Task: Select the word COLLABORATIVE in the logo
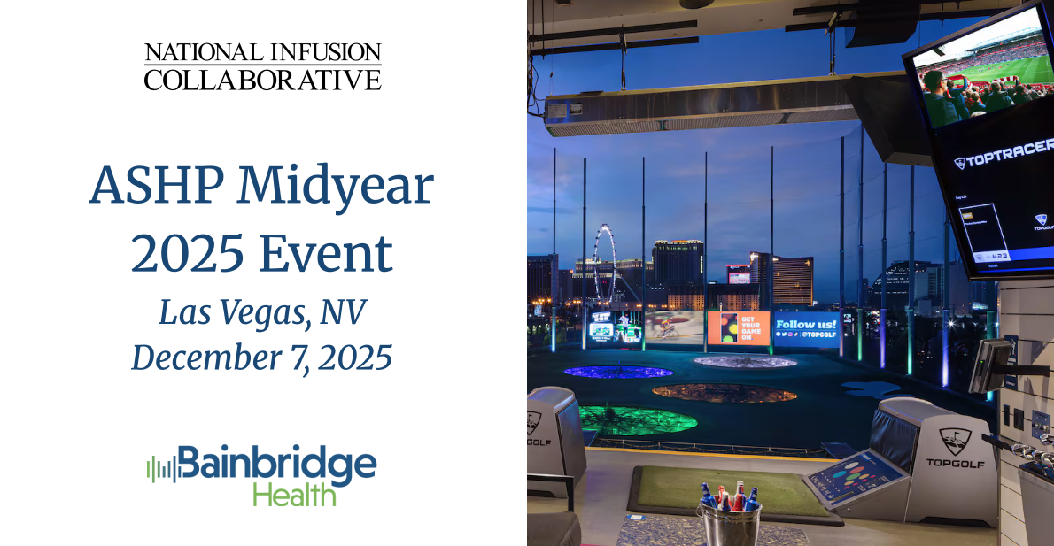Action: (262, 81)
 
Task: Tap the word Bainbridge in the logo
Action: (276, 464)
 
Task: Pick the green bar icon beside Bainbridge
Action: (160, 468)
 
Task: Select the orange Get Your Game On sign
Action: (738, 328)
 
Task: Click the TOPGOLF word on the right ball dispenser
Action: (949, 462)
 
